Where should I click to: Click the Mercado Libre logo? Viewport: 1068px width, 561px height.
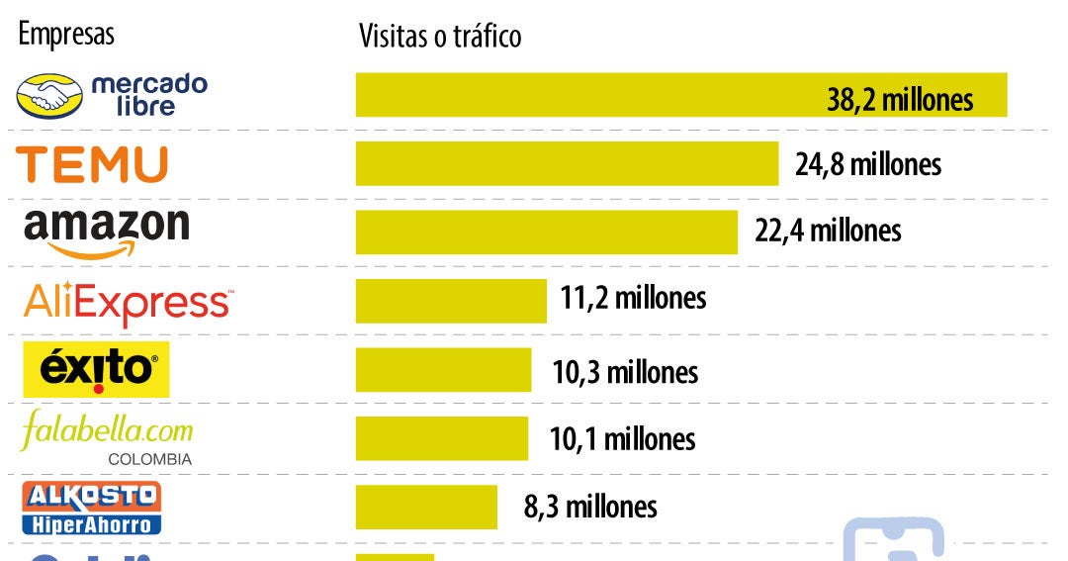(112, 95)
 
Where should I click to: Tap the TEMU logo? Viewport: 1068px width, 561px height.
(92, 164)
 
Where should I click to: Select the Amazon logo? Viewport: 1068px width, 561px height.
(106, 232)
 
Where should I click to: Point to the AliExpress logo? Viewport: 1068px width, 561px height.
(129, 302)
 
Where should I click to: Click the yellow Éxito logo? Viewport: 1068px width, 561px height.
(96, 369)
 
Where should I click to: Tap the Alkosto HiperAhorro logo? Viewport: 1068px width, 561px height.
(92, 508)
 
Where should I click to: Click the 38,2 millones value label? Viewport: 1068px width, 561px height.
(900, 99)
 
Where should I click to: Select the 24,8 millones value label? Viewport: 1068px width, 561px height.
(868, 163)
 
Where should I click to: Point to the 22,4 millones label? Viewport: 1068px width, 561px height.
(828, 231)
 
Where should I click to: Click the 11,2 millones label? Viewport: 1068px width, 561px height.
(633, 297)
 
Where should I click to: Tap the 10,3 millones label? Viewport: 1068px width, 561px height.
(625, 372)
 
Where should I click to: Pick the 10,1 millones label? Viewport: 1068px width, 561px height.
(622, 438)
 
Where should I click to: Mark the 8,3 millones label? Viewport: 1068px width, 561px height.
(590, 507)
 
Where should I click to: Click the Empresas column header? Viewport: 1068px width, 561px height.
(66, 34)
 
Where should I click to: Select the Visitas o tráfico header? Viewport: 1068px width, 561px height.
(439, 37)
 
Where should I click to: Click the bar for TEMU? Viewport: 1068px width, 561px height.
(567, 163)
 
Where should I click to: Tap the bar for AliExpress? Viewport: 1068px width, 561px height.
(451, 300)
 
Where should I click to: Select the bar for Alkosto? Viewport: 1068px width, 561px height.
(426, 507)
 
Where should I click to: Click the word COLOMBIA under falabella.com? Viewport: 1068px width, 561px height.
(149, 459)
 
